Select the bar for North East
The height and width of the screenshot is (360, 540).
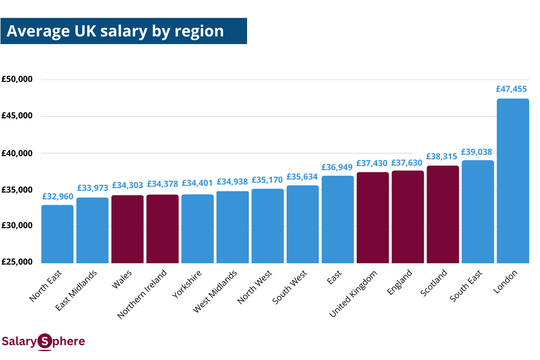[x=57, y=234]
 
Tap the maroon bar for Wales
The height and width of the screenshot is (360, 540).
[x=127, y=229]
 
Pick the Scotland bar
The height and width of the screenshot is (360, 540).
[x=443, y=214]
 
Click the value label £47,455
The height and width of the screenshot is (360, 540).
[x=511, y=89]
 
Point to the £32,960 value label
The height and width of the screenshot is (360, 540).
[x=58, y=196]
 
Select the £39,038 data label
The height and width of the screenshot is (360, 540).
[x=477, y=152]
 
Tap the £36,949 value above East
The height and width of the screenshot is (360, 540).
[x=337, y=167]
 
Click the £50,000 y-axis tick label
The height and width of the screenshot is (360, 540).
[x=17, y=80]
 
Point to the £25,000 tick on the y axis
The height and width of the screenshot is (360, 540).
[x=17, y=262]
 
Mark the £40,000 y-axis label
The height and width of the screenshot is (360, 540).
[x=17, y=153]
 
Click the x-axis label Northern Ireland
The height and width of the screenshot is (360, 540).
[x=142, y=294]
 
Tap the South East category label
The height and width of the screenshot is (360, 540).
[x=466, y=286]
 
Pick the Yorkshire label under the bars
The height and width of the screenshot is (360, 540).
[x=187, y=283]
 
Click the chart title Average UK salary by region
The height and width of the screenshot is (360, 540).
[x=115, y=31]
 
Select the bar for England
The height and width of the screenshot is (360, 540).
[x=408, y=217]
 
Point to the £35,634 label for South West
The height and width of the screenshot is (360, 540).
[x=302, y=177]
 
